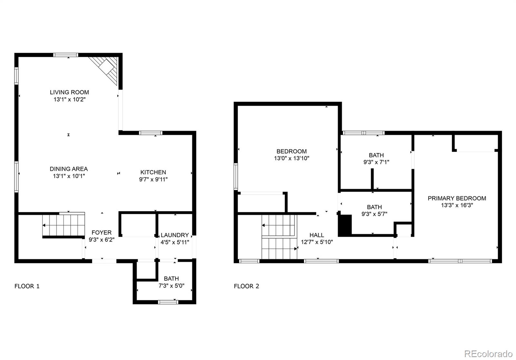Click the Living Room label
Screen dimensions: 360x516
tap(69, 92)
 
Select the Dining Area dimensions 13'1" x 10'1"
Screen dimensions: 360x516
tap(69, 176)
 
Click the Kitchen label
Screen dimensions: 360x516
tap(153, 172)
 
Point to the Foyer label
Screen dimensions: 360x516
tap(102, 233)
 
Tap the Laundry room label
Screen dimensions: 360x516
tap(174, 235)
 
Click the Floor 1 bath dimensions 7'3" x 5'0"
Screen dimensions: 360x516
tap(171, 285)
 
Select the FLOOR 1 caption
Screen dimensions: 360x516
tap(27, 286)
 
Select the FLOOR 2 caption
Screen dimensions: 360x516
tap(246, 286)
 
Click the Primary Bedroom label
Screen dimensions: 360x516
tap(457, 198)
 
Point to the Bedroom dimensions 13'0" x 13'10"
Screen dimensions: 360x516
tap(292, 158)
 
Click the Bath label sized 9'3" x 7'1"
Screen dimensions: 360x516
tap(376, 155)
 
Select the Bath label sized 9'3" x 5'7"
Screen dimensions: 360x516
tap(374, 207)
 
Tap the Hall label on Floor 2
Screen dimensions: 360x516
tap(317, 235)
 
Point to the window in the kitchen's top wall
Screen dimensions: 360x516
tap(150, 133)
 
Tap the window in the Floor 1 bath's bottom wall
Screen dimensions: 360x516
tap(168, 302)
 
